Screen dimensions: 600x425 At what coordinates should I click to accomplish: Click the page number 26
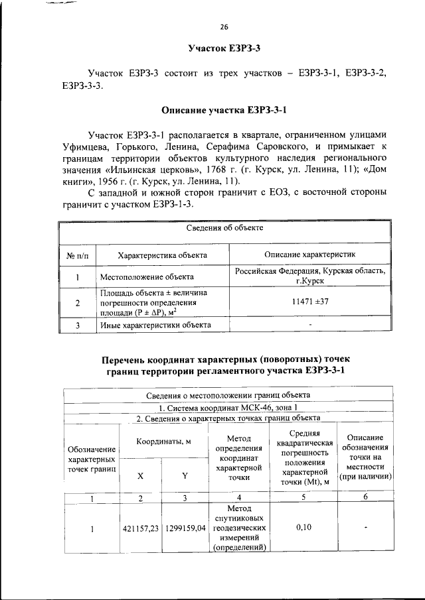coord(224,27)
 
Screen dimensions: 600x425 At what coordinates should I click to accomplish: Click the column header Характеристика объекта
coord(162,255)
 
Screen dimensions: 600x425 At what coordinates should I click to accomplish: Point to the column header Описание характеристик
coord(310,255)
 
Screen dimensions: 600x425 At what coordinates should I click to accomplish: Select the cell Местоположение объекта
coord(147,276)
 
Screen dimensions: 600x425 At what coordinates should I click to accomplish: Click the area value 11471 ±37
coord(310,302)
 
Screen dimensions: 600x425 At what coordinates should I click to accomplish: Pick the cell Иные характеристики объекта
coord(155,325)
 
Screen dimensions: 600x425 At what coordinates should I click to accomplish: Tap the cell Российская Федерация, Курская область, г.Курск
coord(310,276)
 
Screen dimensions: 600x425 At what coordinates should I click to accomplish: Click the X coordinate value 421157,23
coord(140,528)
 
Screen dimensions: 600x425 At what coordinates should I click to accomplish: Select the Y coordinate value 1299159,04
coord(185,528)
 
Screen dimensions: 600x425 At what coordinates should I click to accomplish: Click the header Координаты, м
coord(163,442)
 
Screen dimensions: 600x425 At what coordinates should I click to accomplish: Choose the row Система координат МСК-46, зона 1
coord(224,407)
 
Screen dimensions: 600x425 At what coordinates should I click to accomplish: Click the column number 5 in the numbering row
coord(303,497)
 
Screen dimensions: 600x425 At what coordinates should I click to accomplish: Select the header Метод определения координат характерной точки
coord(237,457)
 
